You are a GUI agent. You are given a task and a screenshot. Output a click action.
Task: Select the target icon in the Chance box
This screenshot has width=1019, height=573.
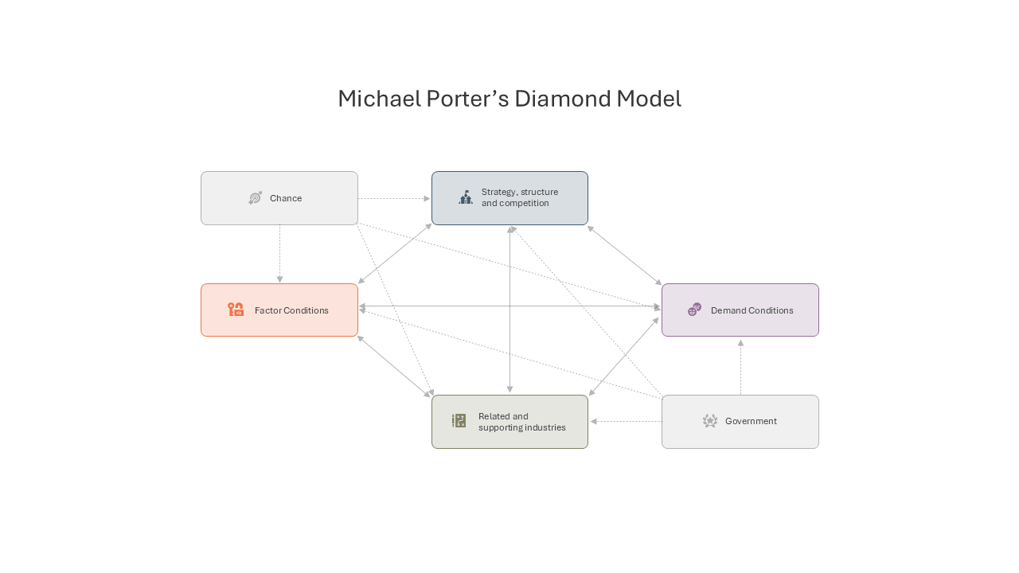256,198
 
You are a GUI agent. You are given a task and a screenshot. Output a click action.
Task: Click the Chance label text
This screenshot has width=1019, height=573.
286,198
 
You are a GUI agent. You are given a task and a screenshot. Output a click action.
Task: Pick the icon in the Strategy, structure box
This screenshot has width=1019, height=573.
466,197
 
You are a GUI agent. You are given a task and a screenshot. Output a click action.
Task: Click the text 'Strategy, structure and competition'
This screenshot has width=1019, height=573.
520,197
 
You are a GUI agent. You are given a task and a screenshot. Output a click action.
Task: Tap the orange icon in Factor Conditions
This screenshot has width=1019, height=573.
236,310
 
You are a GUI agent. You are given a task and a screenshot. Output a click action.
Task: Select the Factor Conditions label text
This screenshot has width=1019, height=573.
291,310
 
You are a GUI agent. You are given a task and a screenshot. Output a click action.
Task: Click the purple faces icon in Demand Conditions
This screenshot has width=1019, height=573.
695,310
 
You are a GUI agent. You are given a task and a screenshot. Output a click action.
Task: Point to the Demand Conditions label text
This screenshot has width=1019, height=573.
752,310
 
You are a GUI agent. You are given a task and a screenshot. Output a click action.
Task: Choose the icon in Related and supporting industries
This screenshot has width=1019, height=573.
459,421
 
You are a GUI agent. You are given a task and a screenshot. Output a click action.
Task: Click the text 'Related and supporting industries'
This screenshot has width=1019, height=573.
521,422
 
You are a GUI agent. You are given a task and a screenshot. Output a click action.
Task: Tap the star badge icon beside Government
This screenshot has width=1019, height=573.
709,421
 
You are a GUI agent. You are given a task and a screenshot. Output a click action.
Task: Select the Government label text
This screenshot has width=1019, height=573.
751,421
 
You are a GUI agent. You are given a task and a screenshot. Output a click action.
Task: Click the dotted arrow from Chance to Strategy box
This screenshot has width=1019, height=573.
394,198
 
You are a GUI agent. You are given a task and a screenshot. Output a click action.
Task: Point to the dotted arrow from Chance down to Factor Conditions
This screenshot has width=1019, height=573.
279,253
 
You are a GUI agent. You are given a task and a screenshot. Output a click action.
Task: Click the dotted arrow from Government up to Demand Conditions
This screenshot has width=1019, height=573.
740,367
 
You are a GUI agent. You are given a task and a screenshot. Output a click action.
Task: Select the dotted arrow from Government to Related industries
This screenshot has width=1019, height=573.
626,422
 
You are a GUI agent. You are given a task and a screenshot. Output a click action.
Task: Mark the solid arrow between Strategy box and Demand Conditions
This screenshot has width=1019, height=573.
625,255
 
